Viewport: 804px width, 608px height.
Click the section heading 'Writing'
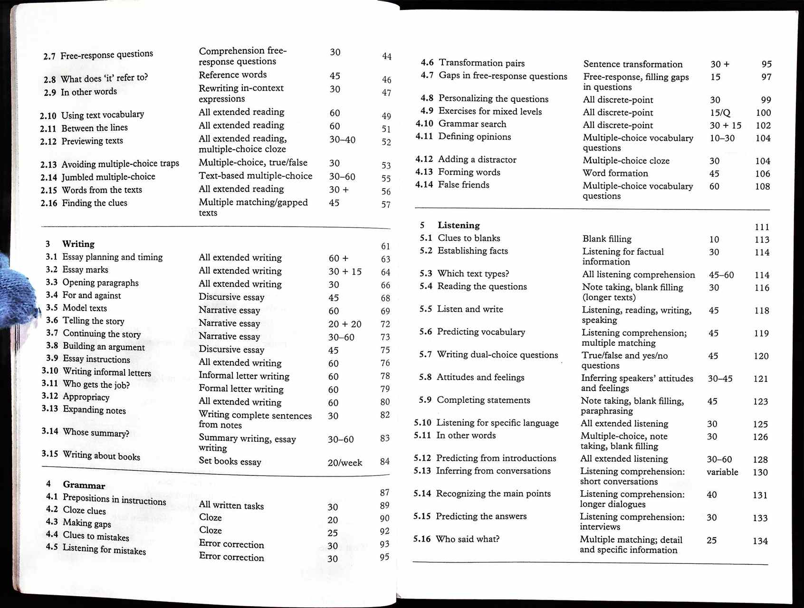[x=78, y=244]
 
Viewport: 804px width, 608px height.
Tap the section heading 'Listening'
[x=459, y=225]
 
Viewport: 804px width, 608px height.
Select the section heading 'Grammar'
[x=84, y=485]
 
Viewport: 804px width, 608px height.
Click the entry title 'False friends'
[x=463, y=185]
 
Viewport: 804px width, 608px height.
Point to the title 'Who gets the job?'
[x=96, y=384]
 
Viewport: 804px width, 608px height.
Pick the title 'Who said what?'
[x=468, y=539]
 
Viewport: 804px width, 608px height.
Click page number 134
[x=760, y=541]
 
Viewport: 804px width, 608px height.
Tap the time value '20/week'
[x=345, y=463]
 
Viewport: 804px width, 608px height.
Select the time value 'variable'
[x=722, y=472]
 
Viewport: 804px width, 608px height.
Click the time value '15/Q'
[x=720, y=113]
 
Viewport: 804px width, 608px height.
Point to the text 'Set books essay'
[x=230, y=461]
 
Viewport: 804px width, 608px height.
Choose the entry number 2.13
[x=48, y=165]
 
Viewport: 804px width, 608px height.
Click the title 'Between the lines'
[x=95, y=128]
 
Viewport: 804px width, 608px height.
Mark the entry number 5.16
[x=422, y=539]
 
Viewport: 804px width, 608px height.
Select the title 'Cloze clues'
[x=84, y=511]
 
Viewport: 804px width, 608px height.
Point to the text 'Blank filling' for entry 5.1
[x=607, y=239]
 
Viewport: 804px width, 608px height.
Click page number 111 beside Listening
[x=762, y=227]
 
